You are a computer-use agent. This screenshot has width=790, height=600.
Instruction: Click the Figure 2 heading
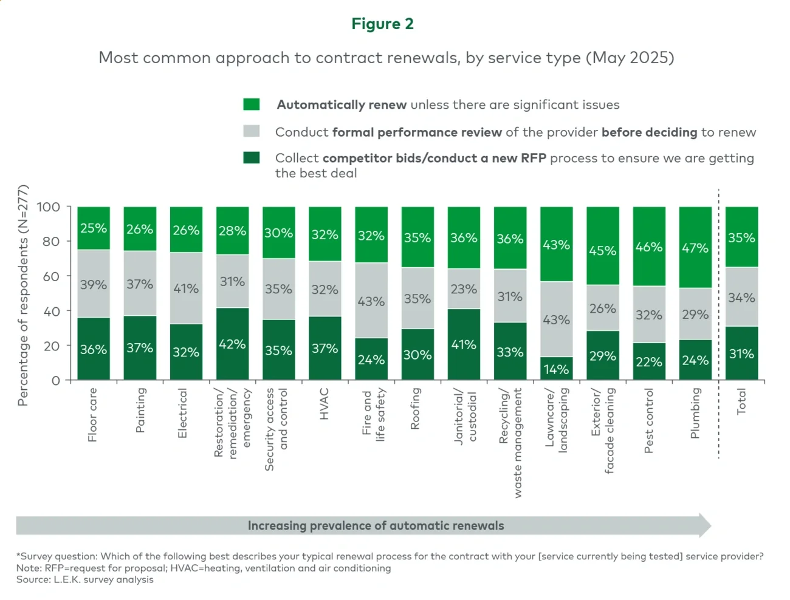(x=382, y=24)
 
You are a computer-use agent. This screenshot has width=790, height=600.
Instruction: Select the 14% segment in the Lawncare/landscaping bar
(x=556, y=369)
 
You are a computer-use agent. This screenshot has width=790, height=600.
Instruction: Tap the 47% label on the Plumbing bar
(x=695, y=248)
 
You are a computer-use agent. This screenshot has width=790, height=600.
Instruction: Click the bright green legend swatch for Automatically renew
(x=252, y=104)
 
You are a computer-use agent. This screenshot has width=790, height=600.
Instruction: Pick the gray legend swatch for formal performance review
(x=252, y=132)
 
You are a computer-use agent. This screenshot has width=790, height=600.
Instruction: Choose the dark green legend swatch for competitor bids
(x=252, y=158)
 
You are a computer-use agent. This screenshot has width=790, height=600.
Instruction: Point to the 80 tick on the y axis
(x=51, y=242)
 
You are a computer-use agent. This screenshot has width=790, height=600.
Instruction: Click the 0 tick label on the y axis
(x=56, y=381)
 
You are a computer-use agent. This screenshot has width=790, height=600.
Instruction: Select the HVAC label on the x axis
(x=325, y=404)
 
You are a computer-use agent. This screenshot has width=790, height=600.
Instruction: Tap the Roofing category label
(x=416, y=409)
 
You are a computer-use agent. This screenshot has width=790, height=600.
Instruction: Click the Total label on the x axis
(x=741, y=401)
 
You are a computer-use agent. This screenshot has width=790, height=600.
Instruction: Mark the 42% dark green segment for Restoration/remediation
(x=232, y=344)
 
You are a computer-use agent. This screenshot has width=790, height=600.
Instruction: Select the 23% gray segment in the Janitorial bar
(x=464, y=289)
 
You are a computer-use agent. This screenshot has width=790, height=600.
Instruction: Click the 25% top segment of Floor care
(x=94, y=228)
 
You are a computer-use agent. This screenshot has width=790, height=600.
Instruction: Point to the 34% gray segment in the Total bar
(x=741, y=298)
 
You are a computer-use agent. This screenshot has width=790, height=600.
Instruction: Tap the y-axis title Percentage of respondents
(x=23, y=295)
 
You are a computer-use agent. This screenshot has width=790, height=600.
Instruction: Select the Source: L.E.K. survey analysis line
(x=85, y=580)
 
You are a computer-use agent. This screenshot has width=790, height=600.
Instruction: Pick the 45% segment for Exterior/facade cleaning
(x=602, y=250)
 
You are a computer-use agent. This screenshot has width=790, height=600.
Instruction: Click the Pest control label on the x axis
(x=649, y=420)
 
